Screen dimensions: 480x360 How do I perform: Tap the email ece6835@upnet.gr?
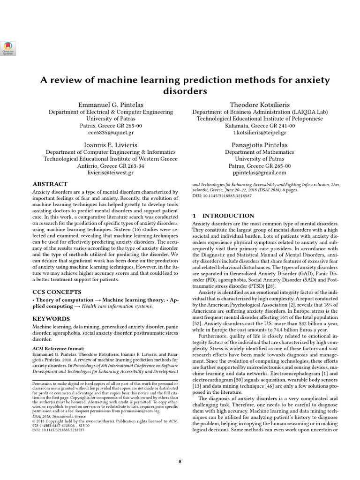111,133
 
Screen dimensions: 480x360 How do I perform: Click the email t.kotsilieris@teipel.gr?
260,133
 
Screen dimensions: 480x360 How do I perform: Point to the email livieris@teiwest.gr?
111,172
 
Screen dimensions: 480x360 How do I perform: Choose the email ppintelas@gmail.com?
260,172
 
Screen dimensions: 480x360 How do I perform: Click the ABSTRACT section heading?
50,184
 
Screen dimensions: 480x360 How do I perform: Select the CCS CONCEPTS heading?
56,292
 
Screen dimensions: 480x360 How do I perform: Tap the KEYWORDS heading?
51,319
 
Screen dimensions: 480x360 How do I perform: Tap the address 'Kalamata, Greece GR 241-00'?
260,126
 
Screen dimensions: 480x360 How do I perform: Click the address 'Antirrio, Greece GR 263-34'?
111,166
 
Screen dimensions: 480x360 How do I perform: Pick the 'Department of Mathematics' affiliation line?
260,152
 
